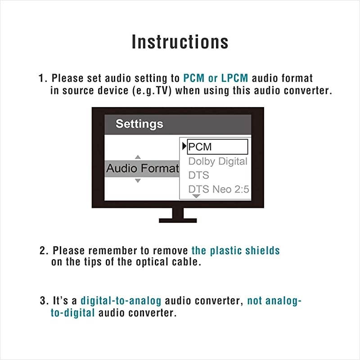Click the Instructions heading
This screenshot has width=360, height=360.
pos(180,42)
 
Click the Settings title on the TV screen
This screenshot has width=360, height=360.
pos(139,124)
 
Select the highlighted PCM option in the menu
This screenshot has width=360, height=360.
pos(217,147)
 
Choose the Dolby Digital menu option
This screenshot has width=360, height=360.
pos(218,162)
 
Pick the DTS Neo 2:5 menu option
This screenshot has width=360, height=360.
pos(219,189)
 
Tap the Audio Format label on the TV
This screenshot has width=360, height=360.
pos(143,168)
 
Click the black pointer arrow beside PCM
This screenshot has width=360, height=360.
pos(184,146)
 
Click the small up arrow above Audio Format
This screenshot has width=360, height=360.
pos(138,157)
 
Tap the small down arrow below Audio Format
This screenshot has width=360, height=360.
pos(138,181)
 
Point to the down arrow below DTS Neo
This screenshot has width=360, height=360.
pos(196,196)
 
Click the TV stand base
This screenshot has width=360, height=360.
pos(178,220)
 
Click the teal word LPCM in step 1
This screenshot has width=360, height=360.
pos(234,78)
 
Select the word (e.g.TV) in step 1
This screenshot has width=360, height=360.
pos(152,90)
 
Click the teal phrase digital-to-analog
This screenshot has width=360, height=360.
pos(121,301)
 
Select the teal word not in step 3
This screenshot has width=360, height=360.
pos(254,301)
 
